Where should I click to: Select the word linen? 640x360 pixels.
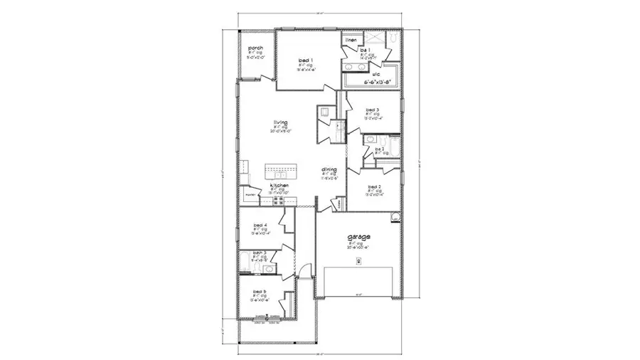point(351,41)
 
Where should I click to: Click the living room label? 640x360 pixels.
point(279,122)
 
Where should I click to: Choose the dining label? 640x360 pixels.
point(329,169)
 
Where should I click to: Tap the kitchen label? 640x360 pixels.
point(278,185)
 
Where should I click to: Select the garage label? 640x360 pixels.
point(358,238)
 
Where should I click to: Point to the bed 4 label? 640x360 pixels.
point(260,225)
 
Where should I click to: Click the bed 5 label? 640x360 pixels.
point(259,291)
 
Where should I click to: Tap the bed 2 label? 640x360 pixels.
point(375,186)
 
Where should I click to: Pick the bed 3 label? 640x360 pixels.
point(373,110)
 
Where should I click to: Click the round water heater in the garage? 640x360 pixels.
point(395,216)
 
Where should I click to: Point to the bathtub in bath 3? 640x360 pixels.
point(244,264)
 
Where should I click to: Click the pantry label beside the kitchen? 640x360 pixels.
point(250,194)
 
